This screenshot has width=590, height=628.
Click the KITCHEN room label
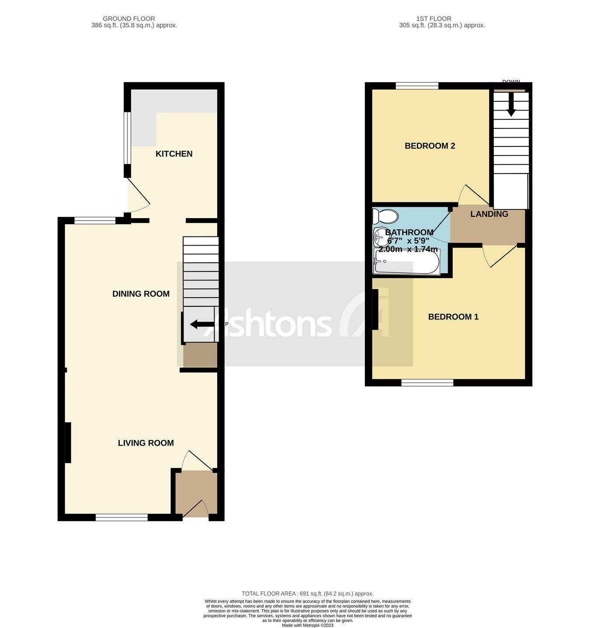pos(174,154)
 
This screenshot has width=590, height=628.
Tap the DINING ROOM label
pos(141,294)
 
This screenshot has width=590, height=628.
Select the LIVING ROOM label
pos(146,443)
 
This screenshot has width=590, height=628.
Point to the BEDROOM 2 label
pos(430,146)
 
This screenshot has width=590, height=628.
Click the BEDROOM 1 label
pos(453,317)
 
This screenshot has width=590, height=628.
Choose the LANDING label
pos(489,214)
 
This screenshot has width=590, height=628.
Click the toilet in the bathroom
pos(385,216)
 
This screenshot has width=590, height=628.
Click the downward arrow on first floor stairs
pos(511,107)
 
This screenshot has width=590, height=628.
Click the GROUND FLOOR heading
pos(129,18)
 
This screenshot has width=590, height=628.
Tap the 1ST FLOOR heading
pos(434,18)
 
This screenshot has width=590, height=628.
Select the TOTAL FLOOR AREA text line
pos(307,593)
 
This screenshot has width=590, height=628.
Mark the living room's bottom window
pos(121,517)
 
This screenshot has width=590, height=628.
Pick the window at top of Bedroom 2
pos(417,86)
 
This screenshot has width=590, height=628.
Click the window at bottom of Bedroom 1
pos(427,383)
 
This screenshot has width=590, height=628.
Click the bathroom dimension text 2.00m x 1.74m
pos(408,249)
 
